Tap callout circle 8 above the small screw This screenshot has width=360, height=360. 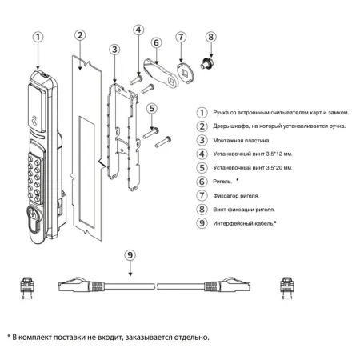tap(211, 37)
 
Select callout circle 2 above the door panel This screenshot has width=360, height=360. tap(79, 35)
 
